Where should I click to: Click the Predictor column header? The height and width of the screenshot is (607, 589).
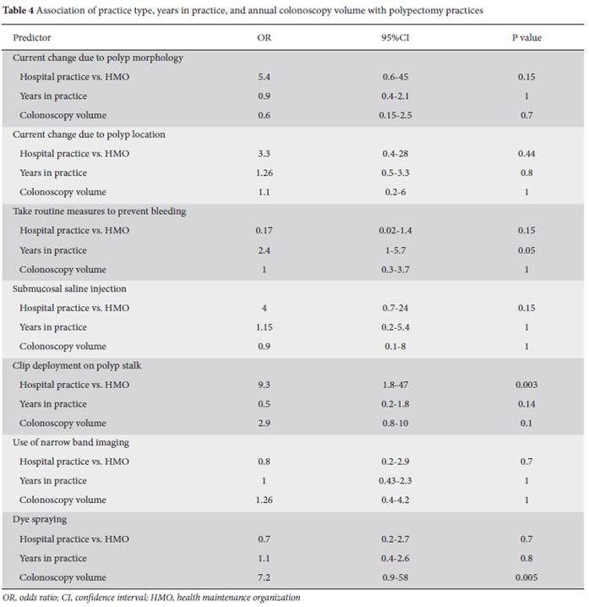[x=32, y=37]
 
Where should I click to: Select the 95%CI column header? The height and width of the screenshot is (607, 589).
[x=395, y=37]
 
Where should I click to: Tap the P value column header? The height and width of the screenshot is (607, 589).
[x=526, y=37]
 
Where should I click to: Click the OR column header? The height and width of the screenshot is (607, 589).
[x=265, y=37]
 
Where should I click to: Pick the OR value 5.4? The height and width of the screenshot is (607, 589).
[x=264, y=77]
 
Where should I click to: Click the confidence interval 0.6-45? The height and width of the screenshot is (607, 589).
[x=395, y=77]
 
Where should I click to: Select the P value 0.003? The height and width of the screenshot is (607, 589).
[x=526, y=385]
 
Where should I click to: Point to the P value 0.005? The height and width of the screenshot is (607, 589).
[x=526, y=577]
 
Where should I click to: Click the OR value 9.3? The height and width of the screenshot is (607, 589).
[x=264, y=385]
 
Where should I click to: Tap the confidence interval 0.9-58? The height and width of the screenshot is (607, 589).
[x=395, y=577]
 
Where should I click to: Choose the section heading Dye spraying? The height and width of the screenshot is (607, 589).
[x=40, y=520]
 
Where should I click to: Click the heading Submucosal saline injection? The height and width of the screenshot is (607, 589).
[x=69, y=289]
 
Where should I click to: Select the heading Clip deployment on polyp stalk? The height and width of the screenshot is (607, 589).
[x=77, y=365]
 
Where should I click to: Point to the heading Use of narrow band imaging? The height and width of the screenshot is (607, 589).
[x=71, y=442]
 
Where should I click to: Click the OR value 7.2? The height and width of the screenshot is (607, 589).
[x=264, y=577]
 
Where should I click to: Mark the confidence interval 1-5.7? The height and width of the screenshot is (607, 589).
[x=395, y=250]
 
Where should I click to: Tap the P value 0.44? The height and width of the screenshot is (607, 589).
[x=526, y=154]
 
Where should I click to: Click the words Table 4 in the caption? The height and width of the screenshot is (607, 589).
[x=19, y=10]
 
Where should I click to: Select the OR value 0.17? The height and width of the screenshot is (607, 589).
[x=264, y=230]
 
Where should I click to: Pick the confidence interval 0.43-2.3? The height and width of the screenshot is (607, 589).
[x=395, y=481]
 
